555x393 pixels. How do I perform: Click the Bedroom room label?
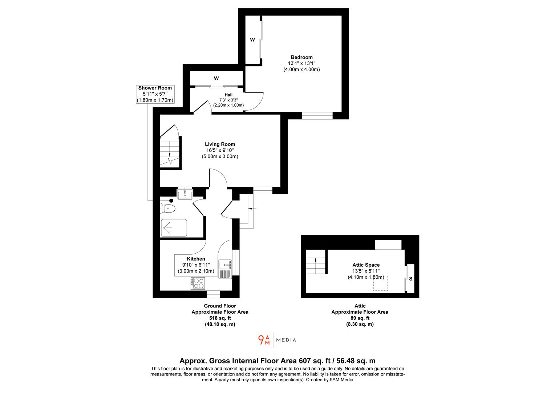click(301, 57)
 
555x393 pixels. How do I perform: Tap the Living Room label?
click(220, 144)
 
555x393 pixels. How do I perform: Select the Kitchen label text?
click(196, 259)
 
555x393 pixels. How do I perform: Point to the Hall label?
click(228, 95)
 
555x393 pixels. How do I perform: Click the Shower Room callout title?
click(155, 88)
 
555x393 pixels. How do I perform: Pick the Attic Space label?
click(366, 265)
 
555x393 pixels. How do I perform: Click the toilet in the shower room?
click(168, 209)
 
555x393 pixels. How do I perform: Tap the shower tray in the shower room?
click(174, 228)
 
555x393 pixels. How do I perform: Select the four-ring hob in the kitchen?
click(198, 283)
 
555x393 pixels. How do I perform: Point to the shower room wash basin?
click(185, 194)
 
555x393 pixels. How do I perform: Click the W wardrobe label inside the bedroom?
click(252, 40)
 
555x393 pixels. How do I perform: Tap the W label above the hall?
click(216, 78)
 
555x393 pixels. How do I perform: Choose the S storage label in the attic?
click(411, 279)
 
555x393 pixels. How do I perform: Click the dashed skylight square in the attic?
click(381, 283)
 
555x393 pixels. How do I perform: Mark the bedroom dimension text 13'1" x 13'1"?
click(301, 63)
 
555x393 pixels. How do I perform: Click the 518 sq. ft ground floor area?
click(220, 318)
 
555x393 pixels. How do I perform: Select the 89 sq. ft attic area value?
click(360, 318)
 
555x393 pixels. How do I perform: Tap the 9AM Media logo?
click(277, 340)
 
